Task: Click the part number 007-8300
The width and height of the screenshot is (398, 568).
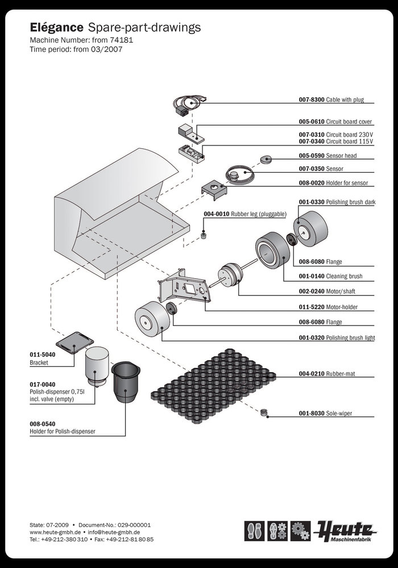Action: coord(312,99)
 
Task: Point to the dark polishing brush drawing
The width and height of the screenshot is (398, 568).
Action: coord(312,229)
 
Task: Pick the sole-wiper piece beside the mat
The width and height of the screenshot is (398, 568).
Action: coord(263,411)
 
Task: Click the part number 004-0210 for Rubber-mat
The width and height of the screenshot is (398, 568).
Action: coord(312,374)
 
